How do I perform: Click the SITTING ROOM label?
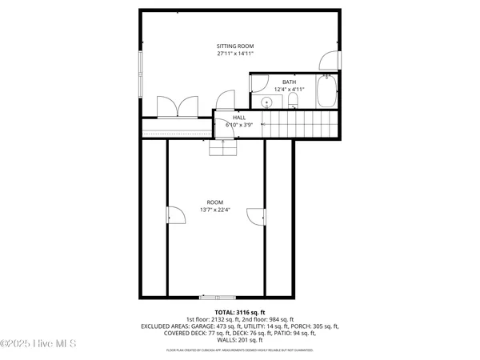[x=234, y=46]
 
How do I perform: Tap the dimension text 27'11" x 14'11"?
[x=234, y=54]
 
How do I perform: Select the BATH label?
[x=288, y=82]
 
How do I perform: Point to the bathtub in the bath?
[x=327, y=93]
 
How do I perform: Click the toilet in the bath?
[x=293, y=100]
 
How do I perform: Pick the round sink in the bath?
[x=265, y=102]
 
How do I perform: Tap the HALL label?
[x=239, y=117]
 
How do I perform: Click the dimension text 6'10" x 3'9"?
[x=239, y=125]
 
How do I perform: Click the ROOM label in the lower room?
[x=215, y=202]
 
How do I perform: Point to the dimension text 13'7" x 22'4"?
[x=215, y=210]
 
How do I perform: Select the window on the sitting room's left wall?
[x=142, y=77]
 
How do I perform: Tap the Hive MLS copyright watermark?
[x=38, y=344]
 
